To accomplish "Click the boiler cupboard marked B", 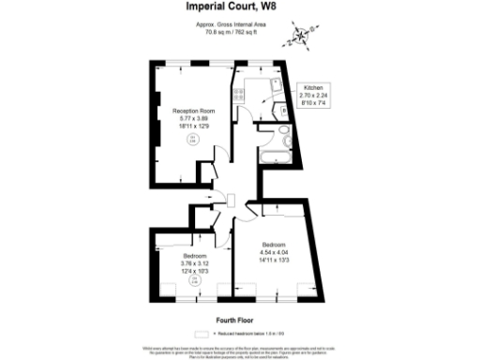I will tap(283, 111).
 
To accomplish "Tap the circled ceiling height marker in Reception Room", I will tap(192, 140).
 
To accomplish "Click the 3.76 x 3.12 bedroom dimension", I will tap(196, 262).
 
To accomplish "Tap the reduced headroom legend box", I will tap(200, 333).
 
